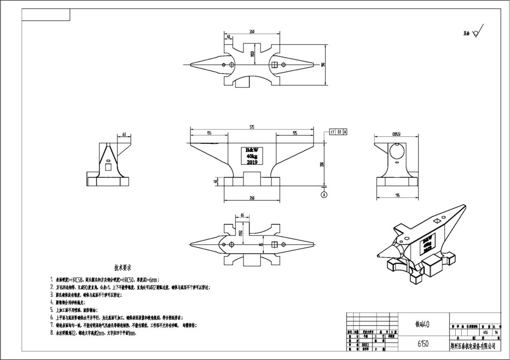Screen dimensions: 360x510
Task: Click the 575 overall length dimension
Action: point(253,128)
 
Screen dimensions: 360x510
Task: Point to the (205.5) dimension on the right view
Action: point(397,134)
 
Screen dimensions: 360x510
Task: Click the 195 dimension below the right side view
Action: point(397,195)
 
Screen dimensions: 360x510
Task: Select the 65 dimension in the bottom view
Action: point(242,215)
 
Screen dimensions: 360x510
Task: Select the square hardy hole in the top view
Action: point(274,64)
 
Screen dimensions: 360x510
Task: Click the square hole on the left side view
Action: point(108,168)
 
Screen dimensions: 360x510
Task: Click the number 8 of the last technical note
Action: point(52,333)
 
